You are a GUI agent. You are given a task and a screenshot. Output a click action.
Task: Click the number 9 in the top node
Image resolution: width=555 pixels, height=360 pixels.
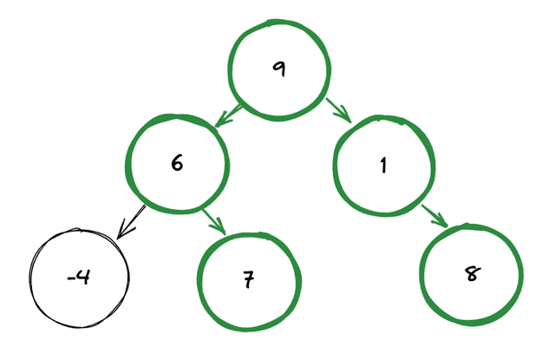277,69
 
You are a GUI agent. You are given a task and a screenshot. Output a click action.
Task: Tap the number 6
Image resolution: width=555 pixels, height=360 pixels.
177,162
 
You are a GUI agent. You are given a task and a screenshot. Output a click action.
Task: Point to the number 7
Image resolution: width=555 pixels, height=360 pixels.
247,281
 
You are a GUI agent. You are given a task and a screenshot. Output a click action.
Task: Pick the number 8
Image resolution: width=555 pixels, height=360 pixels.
472,274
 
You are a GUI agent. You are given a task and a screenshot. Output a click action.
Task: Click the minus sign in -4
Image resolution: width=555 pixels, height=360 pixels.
71,278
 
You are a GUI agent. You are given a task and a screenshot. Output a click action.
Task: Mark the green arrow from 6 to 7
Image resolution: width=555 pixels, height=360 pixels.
213,221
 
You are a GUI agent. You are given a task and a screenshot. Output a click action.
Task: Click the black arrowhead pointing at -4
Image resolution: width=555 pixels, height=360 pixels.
124,231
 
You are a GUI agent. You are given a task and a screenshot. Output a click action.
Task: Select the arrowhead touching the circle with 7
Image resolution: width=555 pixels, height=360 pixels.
220,228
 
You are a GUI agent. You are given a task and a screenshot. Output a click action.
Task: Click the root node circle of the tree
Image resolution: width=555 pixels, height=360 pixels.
279,69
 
